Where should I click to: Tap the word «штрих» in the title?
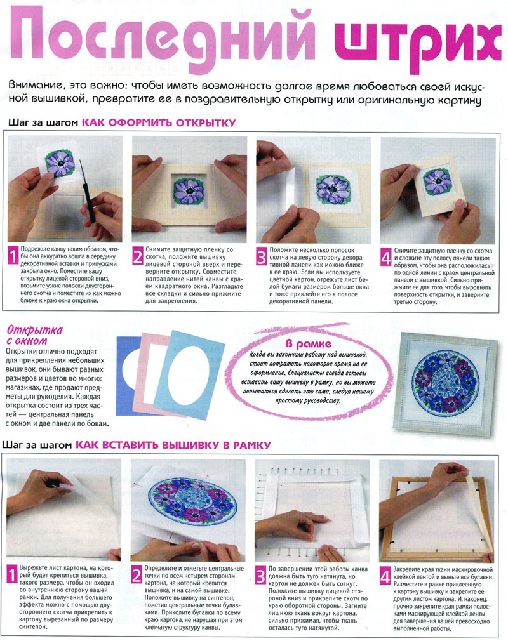tap(417, 41)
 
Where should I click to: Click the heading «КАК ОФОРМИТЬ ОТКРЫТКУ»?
tap(159, 122)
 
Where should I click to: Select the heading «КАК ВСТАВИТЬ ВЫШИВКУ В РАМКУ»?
tap(173, 445)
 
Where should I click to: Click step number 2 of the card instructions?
tap(137, 256)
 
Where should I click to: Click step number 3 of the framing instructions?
tap(260, 576)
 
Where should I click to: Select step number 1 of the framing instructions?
tap(13, 575)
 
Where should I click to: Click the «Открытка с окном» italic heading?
tap(34, 335)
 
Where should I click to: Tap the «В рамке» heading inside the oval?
tap(309, 344)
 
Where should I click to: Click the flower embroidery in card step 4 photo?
tap(438, 182)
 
